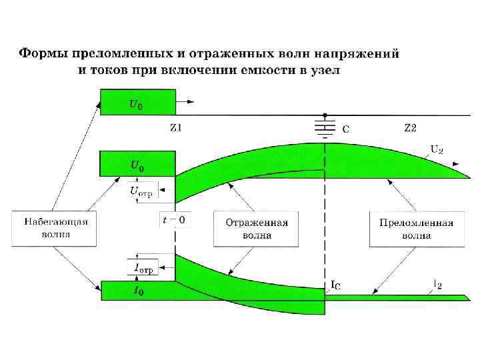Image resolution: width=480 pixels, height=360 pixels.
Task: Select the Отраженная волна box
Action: click(256, 229)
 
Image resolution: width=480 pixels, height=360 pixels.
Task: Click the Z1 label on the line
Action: click(175, 128)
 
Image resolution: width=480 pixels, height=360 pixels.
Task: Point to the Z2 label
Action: click(410, 128)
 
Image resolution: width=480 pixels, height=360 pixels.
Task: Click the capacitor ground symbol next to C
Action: click(324, 127)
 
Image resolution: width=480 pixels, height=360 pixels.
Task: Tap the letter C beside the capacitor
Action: click(345, 129)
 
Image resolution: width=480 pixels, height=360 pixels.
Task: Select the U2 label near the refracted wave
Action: click(437, 149)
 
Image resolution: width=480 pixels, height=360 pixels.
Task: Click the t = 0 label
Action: click(174, 219)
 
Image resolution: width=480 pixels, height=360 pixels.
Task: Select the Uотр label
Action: click(141, 192)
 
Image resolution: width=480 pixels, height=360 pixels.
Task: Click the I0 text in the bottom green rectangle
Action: click(138, 291)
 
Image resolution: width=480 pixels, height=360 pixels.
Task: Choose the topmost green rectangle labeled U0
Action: click(137, 103)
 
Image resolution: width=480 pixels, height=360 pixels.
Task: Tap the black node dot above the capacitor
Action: click(324, 114)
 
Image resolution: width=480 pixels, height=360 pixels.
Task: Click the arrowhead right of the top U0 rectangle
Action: click(191, 102)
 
